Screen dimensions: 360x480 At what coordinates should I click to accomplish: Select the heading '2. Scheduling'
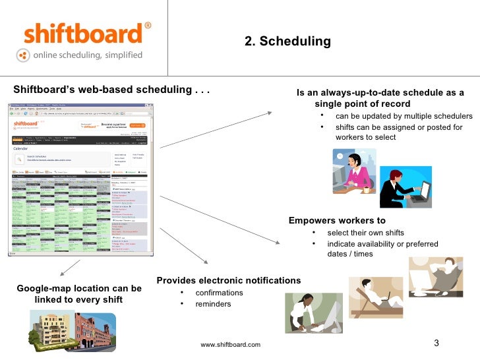click(287, 42)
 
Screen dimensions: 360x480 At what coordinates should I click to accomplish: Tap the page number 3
click(436, 343)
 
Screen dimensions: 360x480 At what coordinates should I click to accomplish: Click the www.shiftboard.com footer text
click(230, 345)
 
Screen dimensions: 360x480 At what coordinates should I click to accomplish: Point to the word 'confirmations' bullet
click(219, 293)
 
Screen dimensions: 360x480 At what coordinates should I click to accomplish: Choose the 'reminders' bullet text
click(213, 304)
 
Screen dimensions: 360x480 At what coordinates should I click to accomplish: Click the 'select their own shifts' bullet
click(365, 233)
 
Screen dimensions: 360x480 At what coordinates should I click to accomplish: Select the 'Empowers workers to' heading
click(337, 220)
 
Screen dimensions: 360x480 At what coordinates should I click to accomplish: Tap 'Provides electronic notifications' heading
click(229, 281)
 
